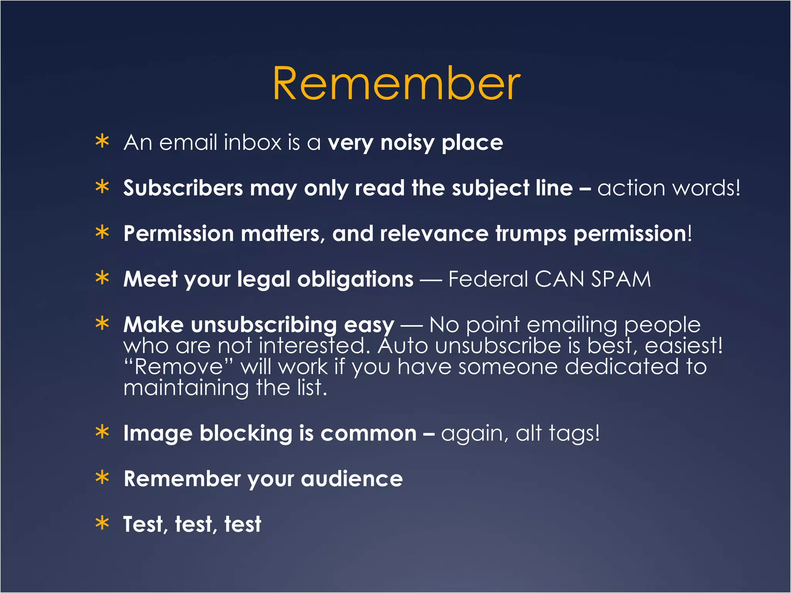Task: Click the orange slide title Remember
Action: pos(396,83)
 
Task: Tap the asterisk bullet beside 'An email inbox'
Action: pos(102,142)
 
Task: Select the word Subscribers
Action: pos(183,188)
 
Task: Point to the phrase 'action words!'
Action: pos(669,188)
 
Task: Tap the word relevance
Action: pos(434,234)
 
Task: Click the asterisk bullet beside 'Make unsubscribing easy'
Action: pos(102,324)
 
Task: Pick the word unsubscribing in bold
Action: pos(264,325)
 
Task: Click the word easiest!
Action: pos(684,346)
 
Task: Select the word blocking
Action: pos(246,434)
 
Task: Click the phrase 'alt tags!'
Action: pos(558,433)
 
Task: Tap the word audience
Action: pos(351,479)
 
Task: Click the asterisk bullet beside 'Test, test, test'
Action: pos(102,524)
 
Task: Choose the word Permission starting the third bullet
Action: pos(178,234)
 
